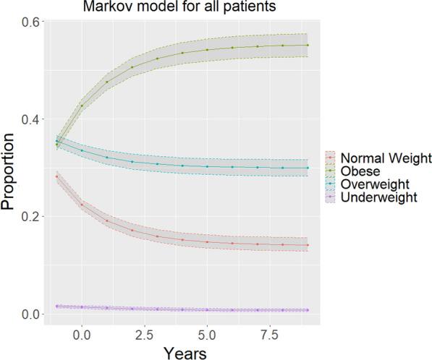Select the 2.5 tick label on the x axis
(145, 333)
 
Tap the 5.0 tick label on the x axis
(207, 333)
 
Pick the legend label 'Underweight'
(381, 196)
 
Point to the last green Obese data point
(308, 45)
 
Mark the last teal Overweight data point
(308, 168)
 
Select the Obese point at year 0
(82, 106)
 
